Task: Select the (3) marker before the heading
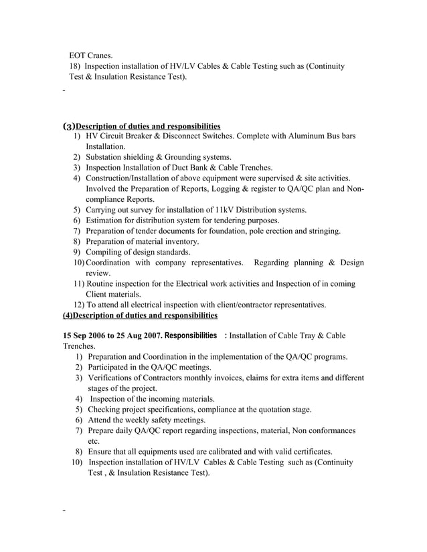click(x=68, y=126)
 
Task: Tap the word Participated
click(x=113, y=368)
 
